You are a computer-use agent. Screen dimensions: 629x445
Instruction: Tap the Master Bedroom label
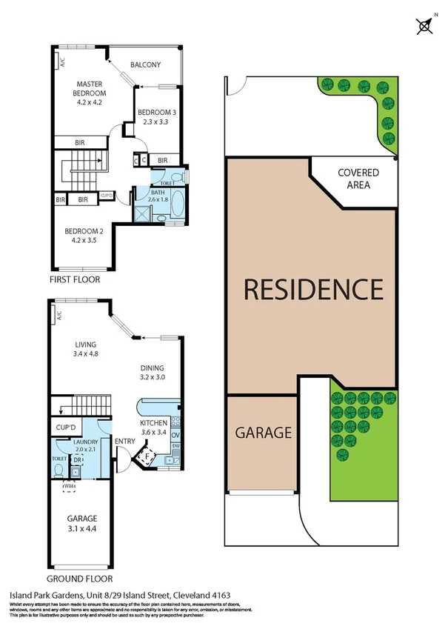click(89, 88)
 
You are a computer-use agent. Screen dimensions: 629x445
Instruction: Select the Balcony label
click(146, 65)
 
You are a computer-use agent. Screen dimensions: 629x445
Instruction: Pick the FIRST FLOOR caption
click(75, 279)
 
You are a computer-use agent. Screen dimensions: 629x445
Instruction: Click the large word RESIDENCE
click(313, 288)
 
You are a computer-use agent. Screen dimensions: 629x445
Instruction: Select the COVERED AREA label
click(358, 179)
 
